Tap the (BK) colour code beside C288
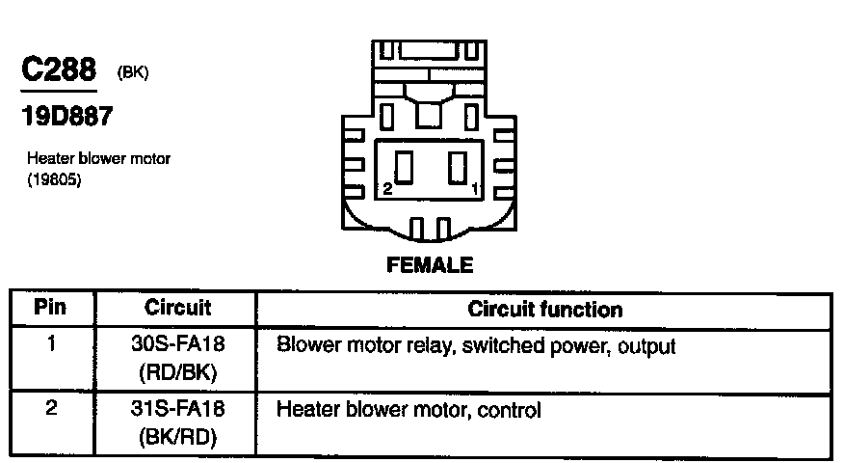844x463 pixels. [132, 73]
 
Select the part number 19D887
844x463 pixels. [66, 118]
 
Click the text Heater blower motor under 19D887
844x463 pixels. [98, 158]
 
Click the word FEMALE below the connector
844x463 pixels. [430, 264]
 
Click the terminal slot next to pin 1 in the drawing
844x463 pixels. [458, 169]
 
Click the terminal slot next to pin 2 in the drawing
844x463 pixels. [405, 169]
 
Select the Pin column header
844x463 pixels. [50, 309]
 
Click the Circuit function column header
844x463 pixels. [544, 310]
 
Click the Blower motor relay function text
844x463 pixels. [476, 345]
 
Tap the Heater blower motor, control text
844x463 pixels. [409, 410]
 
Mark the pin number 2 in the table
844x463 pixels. [51, 408]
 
